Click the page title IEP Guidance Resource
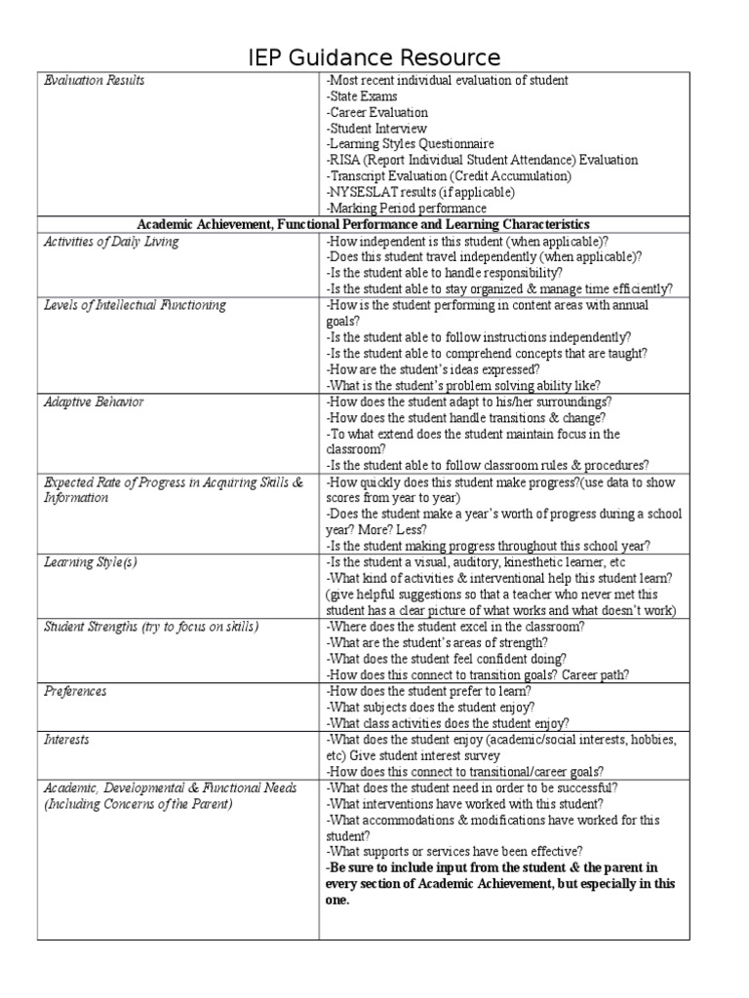pyautogui.click(x=374, y=57)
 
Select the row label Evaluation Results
pyautogui.click(x=95, y=81)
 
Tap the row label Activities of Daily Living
pyautogui.click(x=112, y=242)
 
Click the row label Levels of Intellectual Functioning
pyautogui.click(x=136, y=305)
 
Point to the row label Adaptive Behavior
pyautogui.click(x=95, y=402)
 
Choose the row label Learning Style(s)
pyautogui.click(x=91, y=562)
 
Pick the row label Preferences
pyautogui.click(x=76, y=691)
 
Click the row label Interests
pyautogui.click(x=67, y=740)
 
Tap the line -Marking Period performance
pyautogui.click(x=406, y=209)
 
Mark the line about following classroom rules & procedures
pyautogui.click(x=488, y=465)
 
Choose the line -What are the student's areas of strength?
pyautogui.click(x=437, y=642)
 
